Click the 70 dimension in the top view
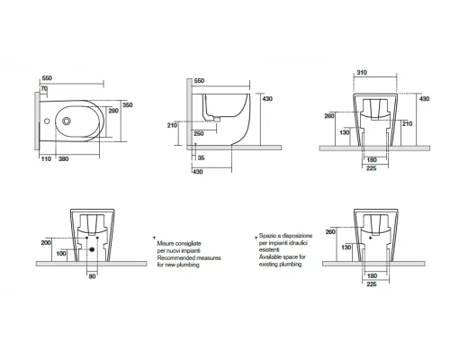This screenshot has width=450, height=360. pos(44,89)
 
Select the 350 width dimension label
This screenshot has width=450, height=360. pos(128,105)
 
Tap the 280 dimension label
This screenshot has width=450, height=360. pos(113,111)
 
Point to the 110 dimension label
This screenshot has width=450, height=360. pos(46,159)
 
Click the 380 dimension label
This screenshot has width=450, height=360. pos(64,159)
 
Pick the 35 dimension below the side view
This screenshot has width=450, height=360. pos(202,157)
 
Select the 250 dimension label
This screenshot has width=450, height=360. pos(199,134)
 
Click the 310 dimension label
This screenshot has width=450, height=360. pos(362,73)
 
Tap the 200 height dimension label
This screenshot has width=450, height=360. pos(46,243)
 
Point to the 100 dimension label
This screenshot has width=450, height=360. pos(61,254)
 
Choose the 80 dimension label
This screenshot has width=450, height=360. pos(92,276)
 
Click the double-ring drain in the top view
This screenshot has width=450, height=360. pos(67,121)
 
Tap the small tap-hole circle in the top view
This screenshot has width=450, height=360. pos(47,121)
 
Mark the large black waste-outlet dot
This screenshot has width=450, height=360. pos(92,249)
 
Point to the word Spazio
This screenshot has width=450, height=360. pos(267,236)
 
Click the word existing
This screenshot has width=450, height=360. pos(269,265)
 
